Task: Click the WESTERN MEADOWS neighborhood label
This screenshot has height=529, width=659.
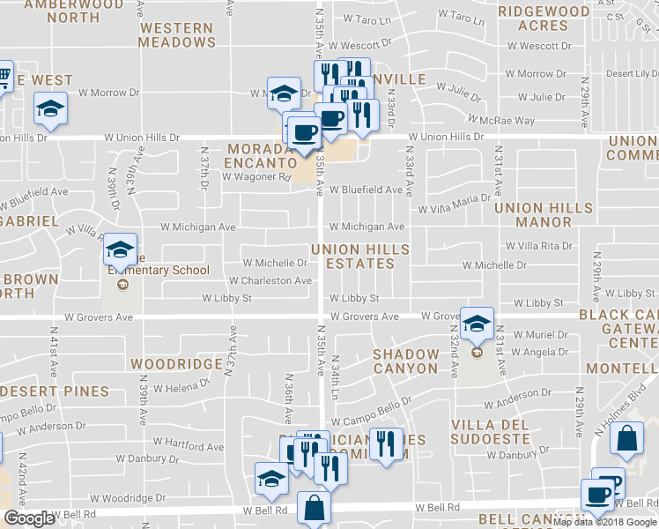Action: pos(176,34)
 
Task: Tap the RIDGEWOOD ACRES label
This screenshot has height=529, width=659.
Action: pos(543,19)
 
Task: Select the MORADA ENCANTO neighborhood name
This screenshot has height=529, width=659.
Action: pos(258,156)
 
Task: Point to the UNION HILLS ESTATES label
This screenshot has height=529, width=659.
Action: pos(359,257)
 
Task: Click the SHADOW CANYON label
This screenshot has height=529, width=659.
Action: pos(405,361)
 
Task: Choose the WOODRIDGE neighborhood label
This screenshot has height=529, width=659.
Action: pos(175,363)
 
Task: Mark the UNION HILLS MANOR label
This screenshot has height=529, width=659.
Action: pos(540,214)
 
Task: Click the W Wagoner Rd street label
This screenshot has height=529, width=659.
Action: pos(255,176)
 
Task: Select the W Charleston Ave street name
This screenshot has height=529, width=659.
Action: pos(270,280)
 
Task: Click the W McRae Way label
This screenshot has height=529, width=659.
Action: pos(501,120)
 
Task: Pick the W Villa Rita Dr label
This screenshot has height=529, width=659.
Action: pos(539,246)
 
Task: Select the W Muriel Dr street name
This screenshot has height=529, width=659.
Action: pos(540,334)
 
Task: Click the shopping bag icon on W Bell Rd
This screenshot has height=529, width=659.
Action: pos(315,509)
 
